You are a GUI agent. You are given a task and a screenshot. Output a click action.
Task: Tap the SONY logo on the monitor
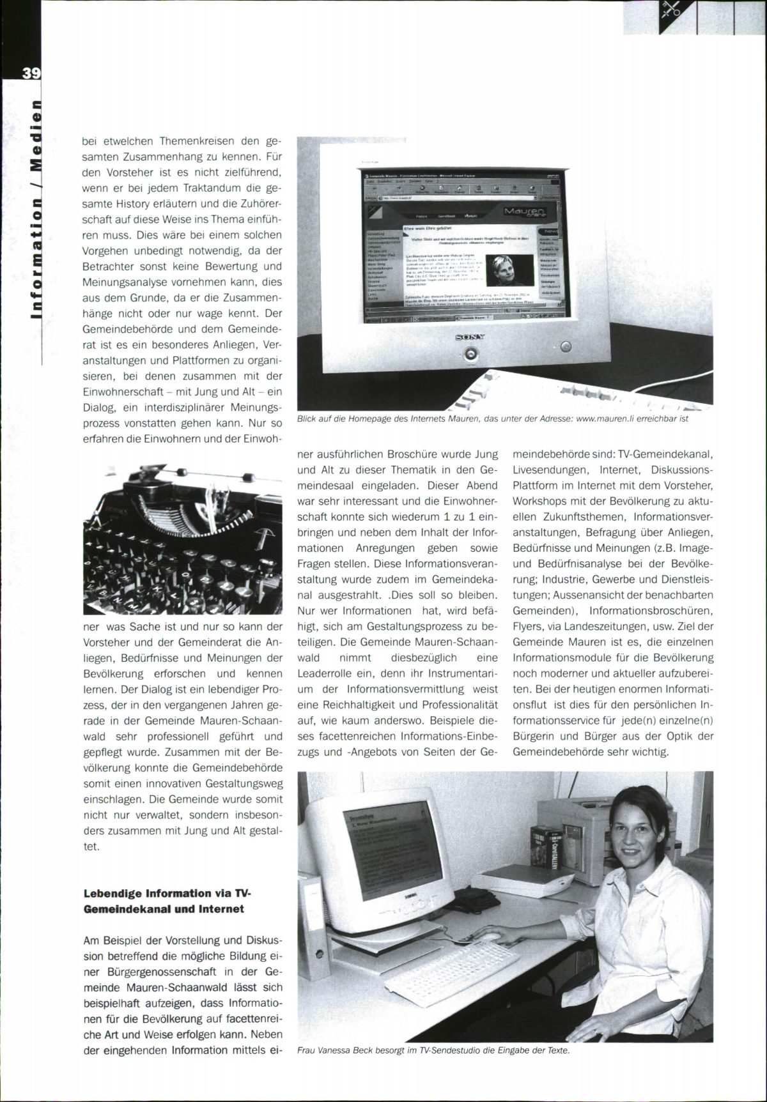tap(469, 337)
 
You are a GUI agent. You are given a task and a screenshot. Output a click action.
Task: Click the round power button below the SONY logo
tap(471, 353)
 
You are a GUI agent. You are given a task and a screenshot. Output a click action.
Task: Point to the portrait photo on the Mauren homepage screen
tap(509, 270)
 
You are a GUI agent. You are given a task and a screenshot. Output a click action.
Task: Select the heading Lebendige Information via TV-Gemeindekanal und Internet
tap(164, 901)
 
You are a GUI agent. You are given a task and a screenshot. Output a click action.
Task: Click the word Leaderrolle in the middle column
tap(323, 673)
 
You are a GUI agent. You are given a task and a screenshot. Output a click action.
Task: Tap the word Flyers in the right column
tap(528, 627)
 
